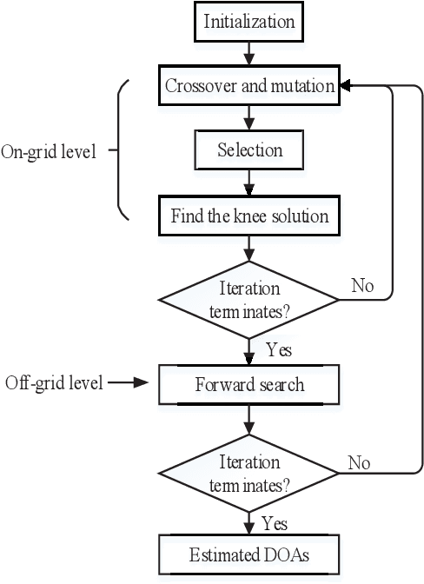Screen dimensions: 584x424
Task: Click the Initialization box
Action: click(x=250, y=22)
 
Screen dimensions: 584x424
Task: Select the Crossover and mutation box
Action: click(x=250, y=86)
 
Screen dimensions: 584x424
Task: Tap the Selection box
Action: click(x=250, y=151)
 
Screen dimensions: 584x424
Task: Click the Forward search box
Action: click(x=250, y=384)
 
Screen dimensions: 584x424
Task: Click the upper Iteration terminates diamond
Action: click(x=250, y=301)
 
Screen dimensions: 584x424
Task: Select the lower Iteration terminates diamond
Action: click(x=250, y=472)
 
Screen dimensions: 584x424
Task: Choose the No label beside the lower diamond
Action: click(x=359, y=462)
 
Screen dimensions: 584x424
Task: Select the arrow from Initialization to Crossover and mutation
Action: click(x=250, y=53)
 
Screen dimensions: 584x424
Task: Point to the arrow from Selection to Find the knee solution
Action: click(x=250, y=183)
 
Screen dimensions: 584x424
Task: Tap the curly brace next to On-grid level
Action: click(x=123, y=150)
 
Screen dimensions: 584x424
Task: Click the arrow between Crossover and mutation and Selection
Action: click(x=250, y=118)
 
